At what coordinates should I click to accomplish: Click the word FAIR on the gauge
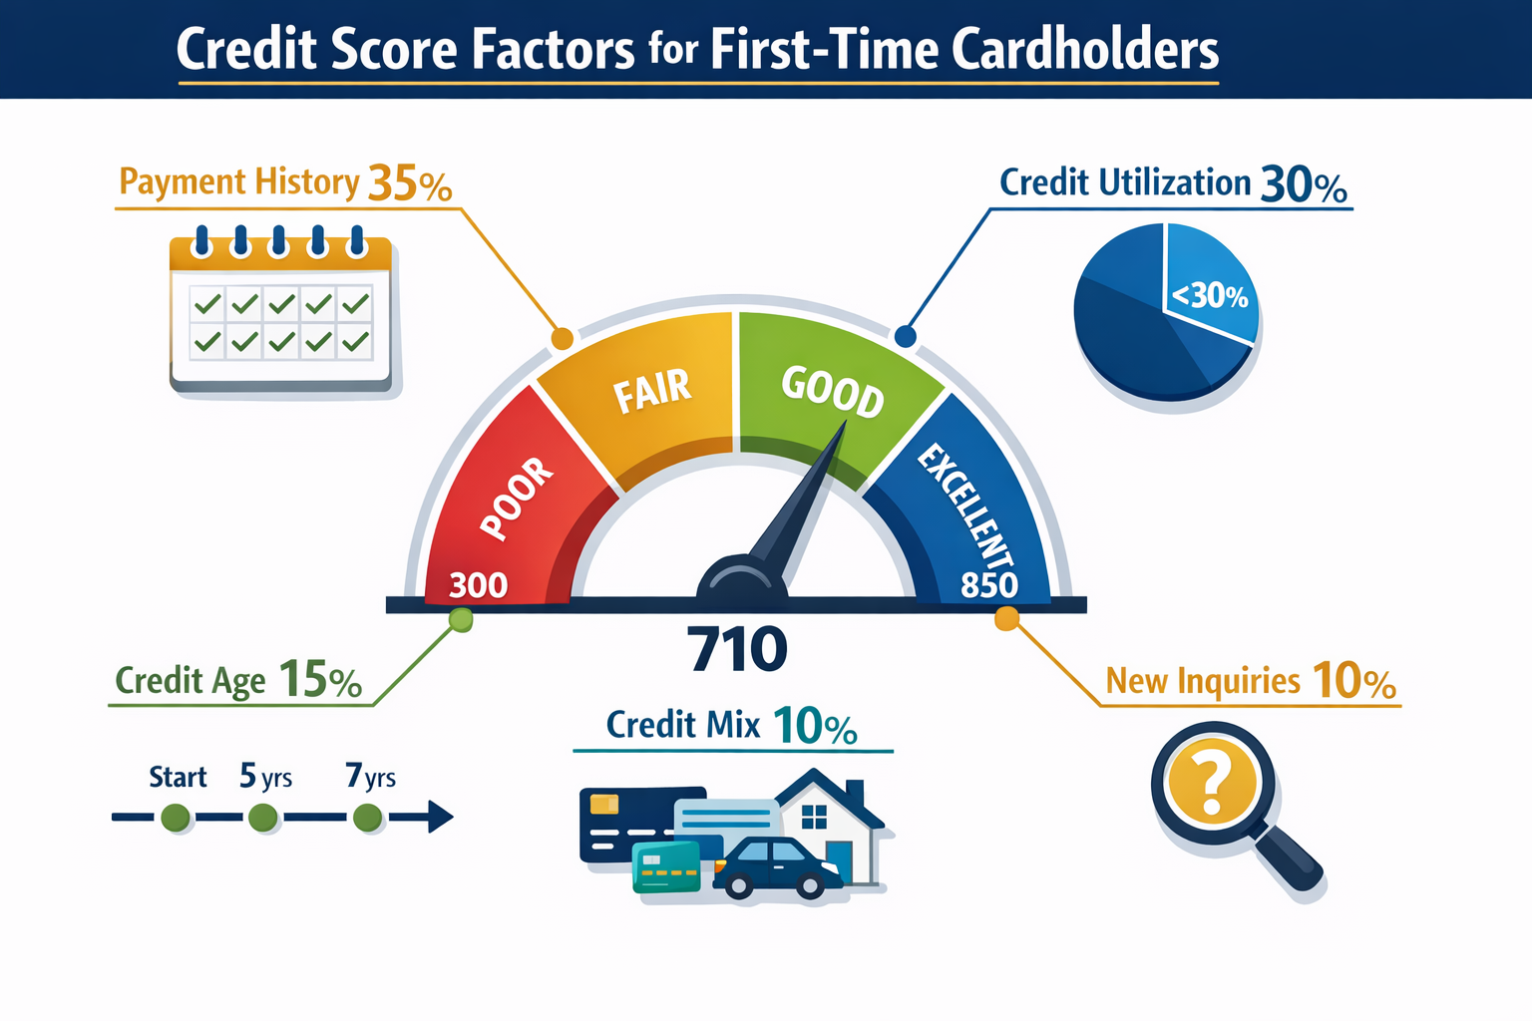(652, 390)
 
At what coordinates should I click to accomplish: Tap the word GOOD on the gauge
(832, 391)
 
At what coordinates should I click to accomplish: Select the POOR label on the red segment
(517, 499)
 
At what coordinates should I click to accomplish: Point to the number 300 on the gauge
(478, 584)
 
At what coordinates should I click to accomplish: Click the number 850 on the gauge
(988, 584)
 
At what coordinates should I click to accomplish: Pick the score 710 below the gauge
(737, 649)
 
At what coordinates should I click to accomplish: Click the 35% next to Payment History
(410, 184)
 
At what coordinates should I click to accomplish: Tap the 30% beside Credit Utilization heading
(1304, 185)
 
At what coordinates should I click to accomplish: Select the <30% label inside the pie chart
(1209, 296)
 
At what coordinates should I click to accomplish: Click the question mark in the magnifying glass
(1212, 784)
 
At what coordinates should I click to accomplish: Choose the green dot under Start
(177, 819)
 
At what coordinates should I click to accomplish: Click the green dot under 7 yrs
(368, 819)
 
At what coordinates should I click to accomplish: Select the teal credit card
(666, 866)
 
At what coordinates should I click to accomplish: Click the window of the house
(814, 818)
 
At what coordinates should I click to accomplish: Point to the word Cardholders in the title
(1084, 50)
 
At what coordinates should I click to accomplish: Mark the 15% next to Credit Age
(320, 680)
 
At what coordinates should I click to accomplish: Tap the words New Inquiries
(1203, 681)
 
